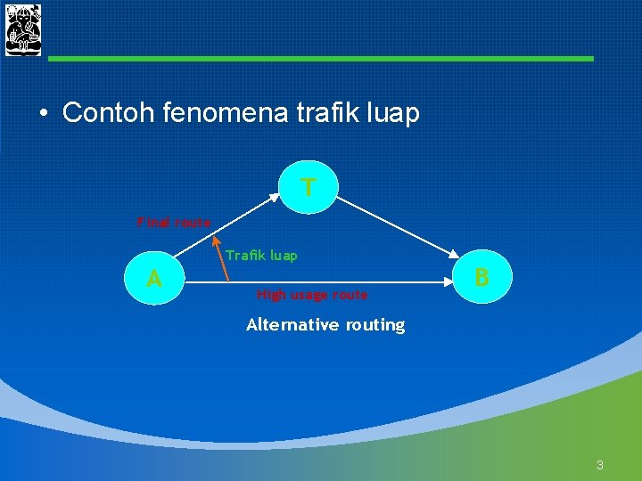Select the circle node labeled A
click(154, 279)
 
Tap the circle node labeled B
click(481, 277)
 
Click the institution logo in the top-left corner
click(23, 30)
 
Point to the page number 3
click(600, 464)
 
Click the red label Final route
click(174, 223)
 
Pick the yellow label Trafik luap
click(261, 256)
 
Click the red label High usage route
click(312, 295)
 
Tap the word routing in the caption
click(374, 325)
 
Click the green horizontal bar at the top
click(321, 59)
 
